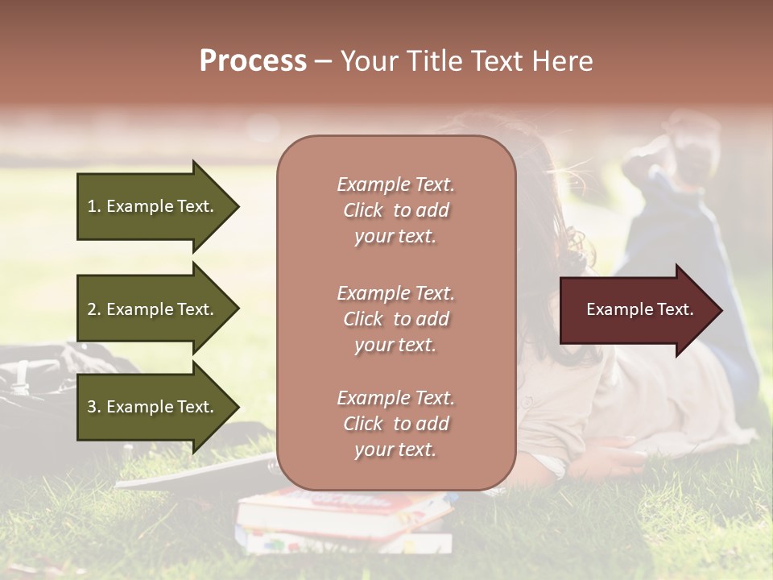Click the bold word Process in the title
(x=253, y=60)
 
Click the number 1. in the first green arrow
(x=93, y=206)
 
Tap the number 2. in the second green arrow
(x=93, y=309)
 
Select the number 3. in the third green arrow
(x=93, y=407)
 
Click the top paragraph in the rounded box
(x=395, y=210)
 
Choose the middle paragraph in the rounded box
(x=395, y=319)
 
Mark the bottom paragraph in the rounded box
(x=395, y=424)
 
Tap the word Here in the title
(x=564, y=60)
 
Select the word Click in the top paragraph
(x=363, y=210)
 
